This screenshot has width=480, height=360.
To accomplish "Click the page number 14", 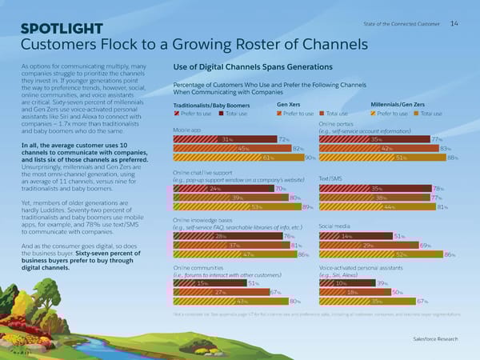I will pyautogui.click(x=454, y=23).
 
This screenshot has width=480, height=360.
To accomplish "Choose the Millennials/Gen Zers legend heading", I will pyautogui.click(x=398, y=104).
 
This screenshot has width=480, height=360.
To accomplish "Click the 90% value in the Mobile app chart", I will pyautogui.click(x=309, y=158).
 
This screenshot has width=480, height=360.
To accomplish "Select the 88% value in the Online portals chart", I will pyautogui.click(x=452, y=158).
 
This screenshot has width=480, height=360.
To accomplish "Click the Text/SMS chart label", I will pyautogui.click(x=330, y=178).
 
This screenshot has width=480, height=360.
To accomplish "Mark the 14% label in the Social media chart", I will pyautogui.click(x=346, y=236).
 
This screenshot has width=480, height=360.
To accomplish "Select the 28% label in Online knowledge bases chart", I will pyautogui.click(x=221, y=236).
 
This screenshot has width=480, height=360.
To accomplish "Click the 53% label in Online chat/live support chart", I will pyautogui.click(x=257, y=206).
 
